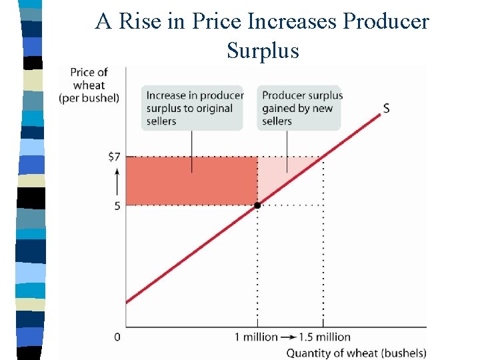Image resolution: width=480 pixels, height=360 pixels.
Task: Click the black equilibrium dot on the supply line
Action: click(x=257, y=205)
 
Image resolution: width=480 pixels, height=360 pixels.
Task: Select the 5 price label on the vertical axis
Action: click(x=117, y=206)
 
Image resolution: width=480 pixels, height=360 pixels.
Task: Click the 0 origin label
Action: click(x=117, y=337)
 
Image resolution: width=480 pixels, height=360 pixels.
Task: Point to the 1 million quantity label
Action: click(x=256, y=337)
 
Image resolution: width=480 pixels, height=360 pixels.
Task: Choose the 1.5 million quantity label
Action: click(x=324, y=337)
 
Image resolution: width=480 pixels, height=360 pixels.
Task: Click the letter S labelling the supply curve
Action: click(x=387, y=108)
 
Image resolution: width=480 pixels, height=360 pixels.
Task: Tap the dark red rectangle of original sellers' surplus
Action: click(x=192, y=181)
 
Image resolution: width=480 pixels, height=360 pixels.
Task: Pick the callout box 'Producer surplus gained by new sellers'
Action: click(x=301, y=108)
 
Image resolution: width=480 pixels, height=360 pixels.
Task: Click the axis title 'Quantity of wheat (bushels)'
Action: click(x=356, y=353)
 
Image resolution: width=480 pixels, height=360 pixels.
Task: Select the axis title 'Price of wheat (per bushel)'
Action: click(x=89, y=85)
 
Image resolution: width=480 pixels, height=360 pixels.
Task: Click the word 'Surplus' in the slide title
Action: click(x=263, y=50)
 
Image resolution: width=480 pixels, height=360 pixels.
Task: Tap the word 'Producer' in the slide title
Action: click(x=386, y=22)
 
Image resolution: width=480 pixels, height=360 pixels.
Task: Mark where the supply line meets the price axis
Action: click(x=127, y=303)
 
